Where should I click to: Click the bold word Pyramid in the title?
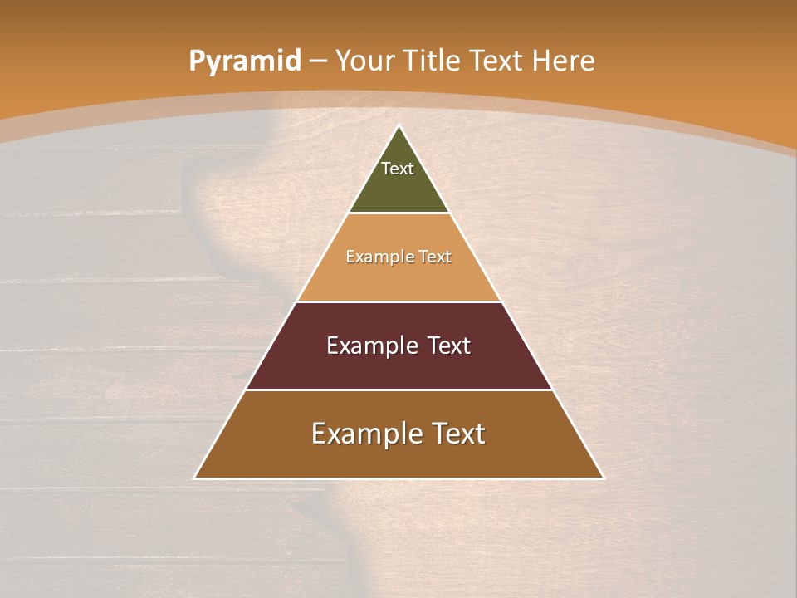(x=244, y=61)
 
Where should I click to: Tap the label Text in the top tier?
(x=398, y=169)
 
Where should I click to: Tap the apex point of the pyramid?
(x=399, y=126)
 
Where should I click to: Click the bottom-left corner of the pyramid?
(x=195, y=478)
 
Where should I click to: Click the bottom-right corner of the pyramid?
(x=603, y=478)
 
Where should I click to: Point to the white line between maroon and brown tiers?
(x=398, y=390)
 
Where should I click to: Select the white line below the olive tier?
(x=398, y=213)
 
